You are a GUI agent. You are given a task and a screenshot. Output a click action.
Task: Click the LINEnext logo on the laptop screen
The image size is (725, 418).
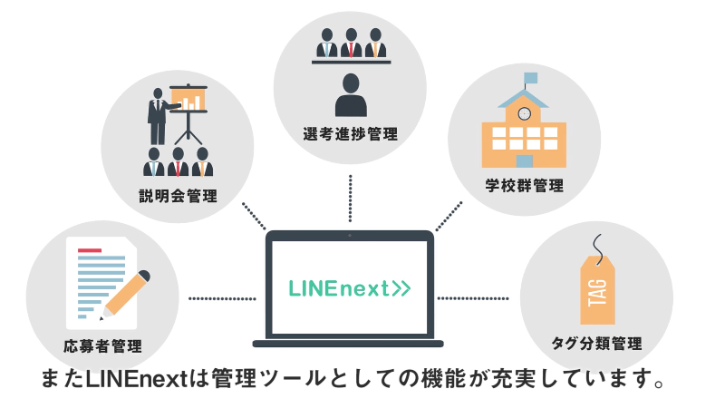pos(349,288)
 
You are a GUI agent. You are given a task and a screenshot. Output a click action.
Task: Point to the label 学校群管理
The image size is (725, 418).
pos(524,186)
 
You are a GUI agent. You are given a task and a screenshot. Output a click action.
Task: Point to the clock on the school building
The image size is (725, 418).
pos(524,113)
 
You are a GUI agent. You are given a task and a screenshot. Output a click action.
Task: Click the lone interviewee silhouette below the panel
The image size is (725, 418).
pos(349,95)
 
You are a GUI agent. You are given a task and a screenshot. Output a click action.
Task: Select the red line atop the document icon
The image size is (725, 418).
pos(89,250)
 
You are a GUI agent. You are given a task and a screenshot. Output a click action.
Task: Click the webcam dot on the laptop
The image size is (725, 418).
pos(349,236)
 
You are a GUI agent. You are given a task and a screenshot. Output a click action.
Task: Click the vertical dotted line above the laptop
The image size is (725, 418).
pos(350,197)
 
